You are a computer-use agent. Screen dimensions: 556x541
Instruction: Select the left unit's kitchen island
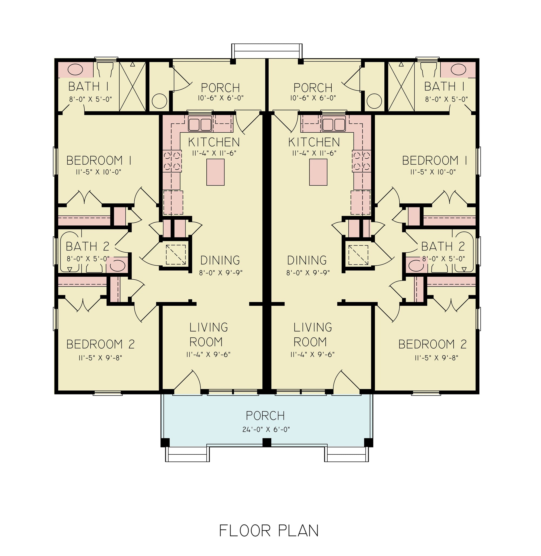tap(215, 172)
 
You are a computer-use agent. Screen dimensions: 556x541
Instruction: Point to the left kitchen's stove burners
tap(172, 161)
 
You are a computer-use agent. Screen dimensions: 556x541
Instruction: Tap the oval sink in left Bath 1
tap(75, 69)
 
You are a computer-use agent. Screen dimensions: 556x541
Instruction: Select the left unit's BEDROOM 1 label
tap(99, 161)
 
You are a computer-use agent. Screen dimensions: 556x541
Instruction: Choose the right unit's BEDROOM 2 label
tap(433, 344)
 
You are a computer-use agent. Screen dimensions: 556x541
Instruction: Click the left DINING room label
tap(220, 260)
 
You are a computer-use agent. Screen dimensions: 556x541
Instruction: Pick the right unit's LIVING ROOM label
tap(312, 335)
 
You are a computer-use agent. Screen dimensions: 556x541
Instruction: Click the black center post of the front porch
tap(266, 442)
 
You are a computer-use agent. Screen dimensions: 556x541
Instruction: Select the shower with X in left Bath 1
tap(132, 86)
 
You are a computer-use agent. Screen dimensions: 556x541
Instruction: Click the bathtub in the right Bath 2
tap(464, 252)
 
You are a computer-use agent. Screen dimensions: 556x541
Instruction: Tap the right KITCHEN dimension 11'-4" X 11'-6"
tap(314, 153)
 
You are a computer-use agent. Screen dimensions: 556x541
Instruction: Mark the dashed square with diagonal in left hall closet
tap(176, 254)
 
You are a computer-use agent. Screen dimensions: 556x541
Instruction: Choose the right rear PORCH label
tap(313, 88)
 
